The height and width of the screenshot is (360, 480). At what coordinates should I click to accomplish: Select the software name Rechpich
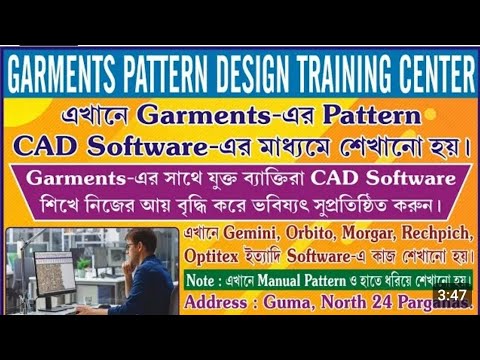pyautogui.click(x=413, y=233)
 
